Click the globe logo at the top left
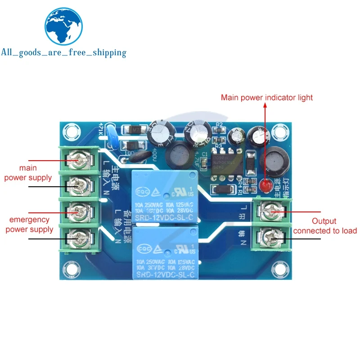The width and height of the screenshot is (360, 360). [x=63, y=26]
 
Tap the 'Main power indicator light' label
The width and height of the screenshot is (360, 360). [x=266, y=98]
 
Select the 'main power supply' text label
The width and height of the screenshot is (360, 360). [x=28, y=173]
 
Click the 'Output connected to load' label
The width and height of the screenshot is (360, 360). [x=324, y=226]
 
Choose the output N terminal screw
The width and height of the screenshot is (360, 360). [x=274, y=236]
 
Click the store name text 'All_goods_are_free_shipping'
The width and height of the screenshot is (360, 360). [x=63, y=53]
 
